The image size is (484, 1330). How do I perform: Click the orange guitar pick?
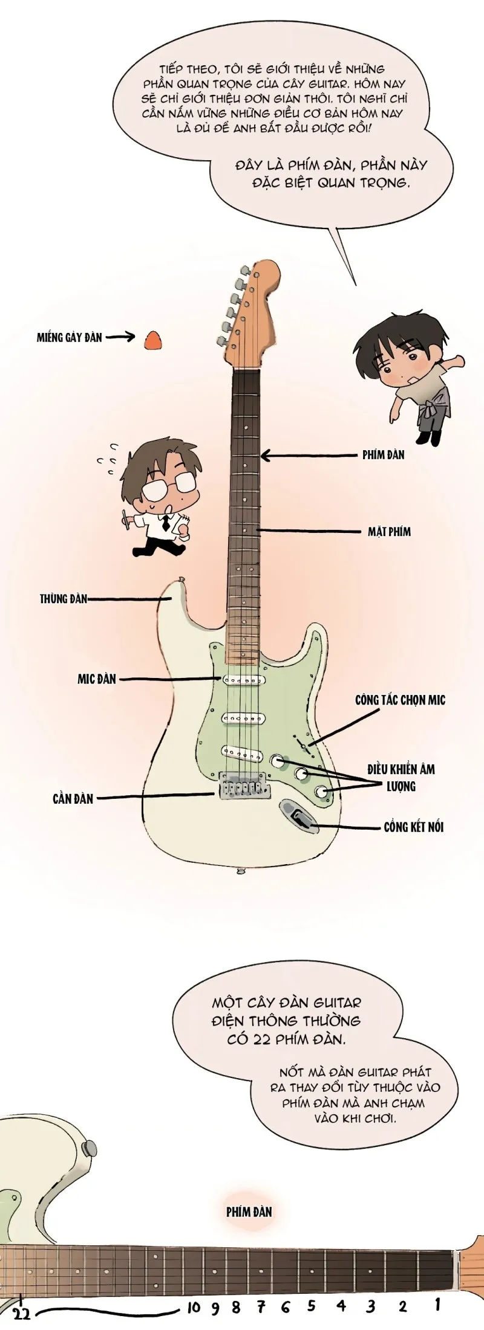point(153,341)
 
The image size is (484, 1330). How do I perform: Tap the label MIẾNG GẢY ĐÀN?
point(69,338)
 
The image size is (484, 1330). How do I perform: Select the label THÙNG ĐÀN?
point(64,599)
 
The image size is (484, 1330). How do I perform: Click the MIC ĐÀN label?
point(96,679)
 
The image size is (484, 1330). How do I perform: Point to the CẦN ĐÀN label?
point(73,799)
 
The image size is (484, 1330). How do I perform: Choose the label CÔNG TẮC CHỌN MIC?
point(400,700)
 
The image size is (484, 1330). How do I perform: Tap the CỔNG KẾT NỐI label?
point(413,827)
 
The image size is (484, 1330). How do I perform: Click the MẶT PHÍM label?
point(389,532)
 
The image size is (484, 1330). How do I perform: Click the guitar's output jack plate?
point(298,815)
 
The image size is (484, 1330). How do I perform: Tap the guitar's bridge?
point(244,787)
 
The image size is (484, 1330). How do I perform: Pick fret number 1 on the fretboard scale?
point(437,1304)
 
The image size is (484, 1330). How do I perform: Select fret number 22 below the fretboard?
point(21,1314)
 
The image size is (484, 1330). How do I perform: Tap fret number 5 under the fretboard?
point(311,1306)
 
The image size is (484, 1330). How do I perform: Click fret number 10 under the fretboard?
point(193,1308)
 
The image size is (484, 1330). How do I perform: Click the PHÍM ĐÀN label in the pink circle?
point(249,1212)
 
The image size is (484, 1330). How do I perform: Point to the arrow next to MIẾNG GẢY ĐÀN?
point(120,337)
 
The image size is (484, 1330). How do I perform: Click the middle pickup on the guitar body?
point(244,718)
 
